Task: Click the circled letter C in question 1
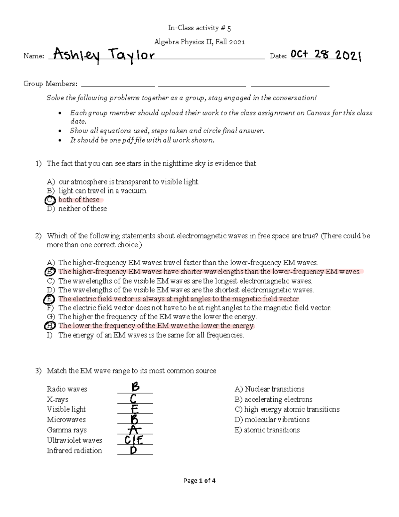[x=49, y=200]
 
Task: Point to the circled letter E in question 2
[x=49, y=299]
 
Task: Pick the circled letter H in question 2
[x=49, y=326]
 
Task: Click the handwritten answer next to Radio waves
[x=135, y=387]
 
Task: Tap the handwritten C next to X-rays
[x=133, y=398]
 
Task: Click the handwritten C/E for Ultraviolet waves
[x=134, y=440]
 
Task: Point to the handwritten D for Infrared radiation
[x=133, y=450]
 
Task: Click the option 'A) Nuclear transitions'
[x=269, y=389]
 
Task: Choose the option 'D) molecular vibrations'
[x=272, y=419]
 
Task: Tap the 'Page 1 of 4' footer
[x=199, y=480]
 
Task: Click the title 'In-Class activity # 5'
[x=199, y=28]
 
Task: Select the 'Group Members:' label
[x=50, y=84]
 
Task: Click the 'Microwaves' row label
[x=66, y=419]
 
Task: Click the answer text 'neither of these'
[x=82, y=209]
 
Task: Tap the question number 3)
[x=39, y=371]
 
